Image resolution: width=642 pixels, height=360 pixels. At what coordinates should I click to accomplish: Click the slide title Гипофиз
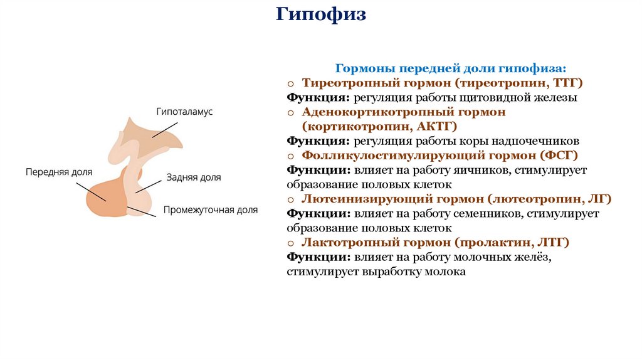coord(320,14)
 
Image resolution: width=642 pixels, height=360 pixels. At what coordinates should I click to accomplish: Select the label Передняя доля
coord(59,171)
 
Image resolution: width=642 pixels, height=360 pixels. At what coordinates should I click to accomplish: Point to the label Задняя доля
coord(194,177)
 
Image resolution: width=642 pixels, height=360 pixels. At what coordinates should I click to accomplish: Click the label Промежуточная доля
coord(211,211)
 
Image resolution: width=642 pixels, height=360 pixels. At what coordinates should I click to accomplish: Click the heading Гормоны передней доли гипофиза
coord(451,68)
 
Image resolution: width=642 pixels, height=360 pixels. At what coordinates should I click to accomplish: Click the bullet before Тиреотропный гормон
coord(291,83)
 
